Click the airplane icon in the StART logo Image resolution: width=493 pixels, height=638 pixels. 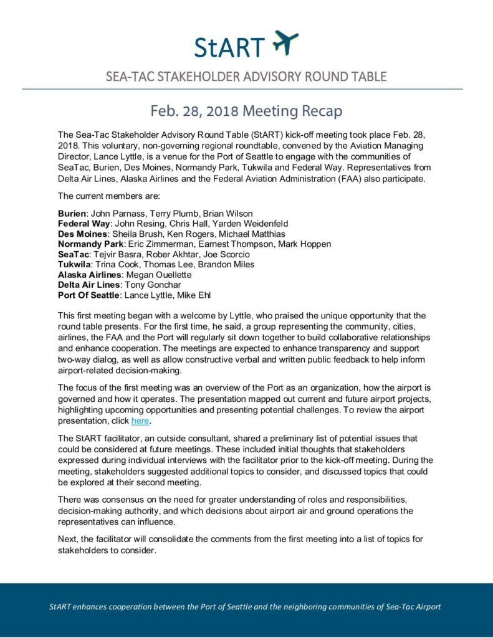[285, 43]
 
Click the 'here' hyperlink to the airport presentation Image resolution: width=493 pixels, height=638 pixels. [140, 421]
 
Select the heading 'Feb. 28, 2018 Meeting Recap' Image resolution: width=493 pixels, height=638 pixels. [246, 112]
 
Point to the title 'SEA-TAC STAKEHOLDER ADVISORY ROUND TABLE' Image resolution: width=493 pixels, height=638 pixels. [246, 77]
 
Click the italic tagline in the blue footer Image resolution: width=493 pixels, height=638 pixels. [246, 606]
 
